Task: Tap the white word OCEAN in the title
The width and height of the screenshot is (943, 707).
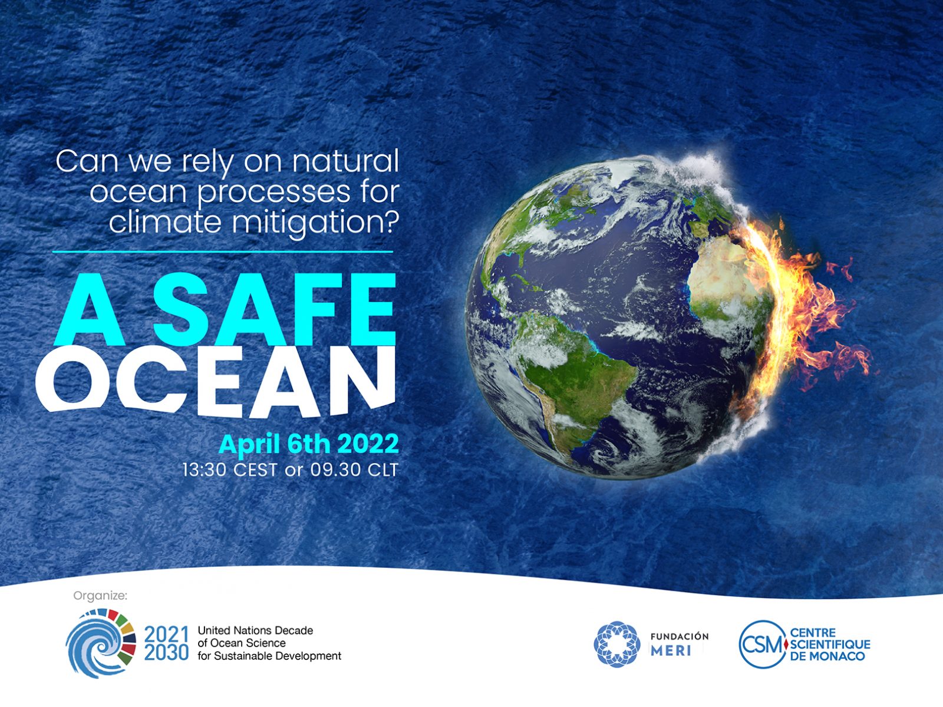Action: (216, 382)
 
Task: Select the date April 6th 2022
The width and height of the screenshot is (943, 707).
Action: (308, 444)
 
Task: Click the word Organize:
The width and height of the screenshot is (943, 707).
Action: (100, 596)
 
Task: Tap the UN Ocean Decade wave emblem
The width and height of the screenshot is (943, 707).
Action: (101, 643)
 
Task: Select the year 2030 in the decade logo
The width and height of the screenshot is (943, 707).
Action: (166, 652)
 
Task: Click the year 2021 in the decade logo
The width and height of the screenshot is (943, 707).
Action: (166, 634)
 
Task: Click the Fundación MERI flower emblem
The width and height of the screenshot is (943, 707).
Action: (617, 644)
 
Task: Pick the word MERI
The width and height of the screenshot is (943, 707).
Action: (671, 651)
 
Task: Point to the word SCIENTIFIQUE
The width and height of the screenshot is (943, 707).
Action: (830, 645)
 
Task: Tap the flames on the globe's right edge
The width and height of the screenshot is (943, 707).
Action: (795, 313)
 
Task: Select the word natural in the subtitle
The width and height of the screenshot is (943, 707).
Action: (345, 161)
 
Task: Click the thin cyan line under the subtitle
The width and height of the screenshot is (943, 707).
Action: (223, 252)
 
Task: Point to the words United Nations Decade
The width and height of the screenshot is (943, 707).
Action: (255, 630)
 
